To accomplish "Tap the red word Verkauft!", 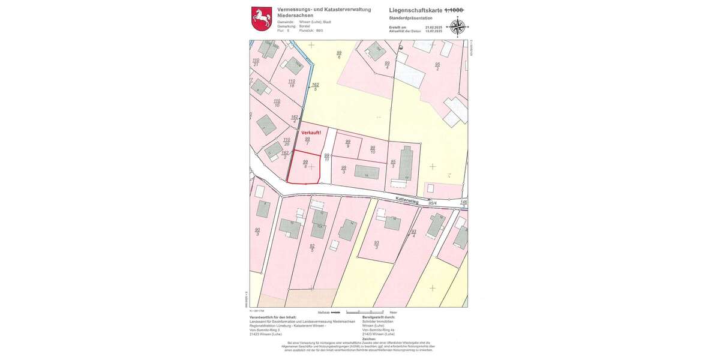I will click(x=311, y=132).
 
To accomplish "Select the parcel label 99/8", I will click(x=305, y=164).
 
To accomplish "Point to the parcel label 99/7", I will click(x=307, y=141).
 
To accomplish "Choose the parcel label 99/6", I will click(x=339, y=55).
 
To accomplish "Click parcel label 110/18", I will click(x=292, y=83).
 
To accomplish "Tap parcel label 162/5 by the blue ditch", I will click(x=315, y=87).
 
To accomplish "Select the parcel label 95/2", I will click(x=437, y=66).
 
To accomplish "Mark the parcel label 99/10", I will click(x=373, y=149).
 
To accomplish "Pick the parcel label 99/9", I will click(x=347, y=143).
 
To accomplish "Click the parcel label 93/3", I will click(x=376, y=245).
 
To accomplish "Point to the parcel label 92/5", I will click(x=312, y=248).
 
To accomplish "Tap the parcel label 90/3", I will click(x=257, y=232).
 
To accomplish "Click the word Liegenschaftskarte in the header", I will click(x=415, y=10).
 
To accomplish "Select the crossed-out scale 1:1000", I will click(x=454, y=10).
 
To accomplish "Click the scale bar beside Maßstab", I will click(x=335, y=312).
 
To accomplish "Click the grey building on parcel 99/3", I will click(x=366, y=172).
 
